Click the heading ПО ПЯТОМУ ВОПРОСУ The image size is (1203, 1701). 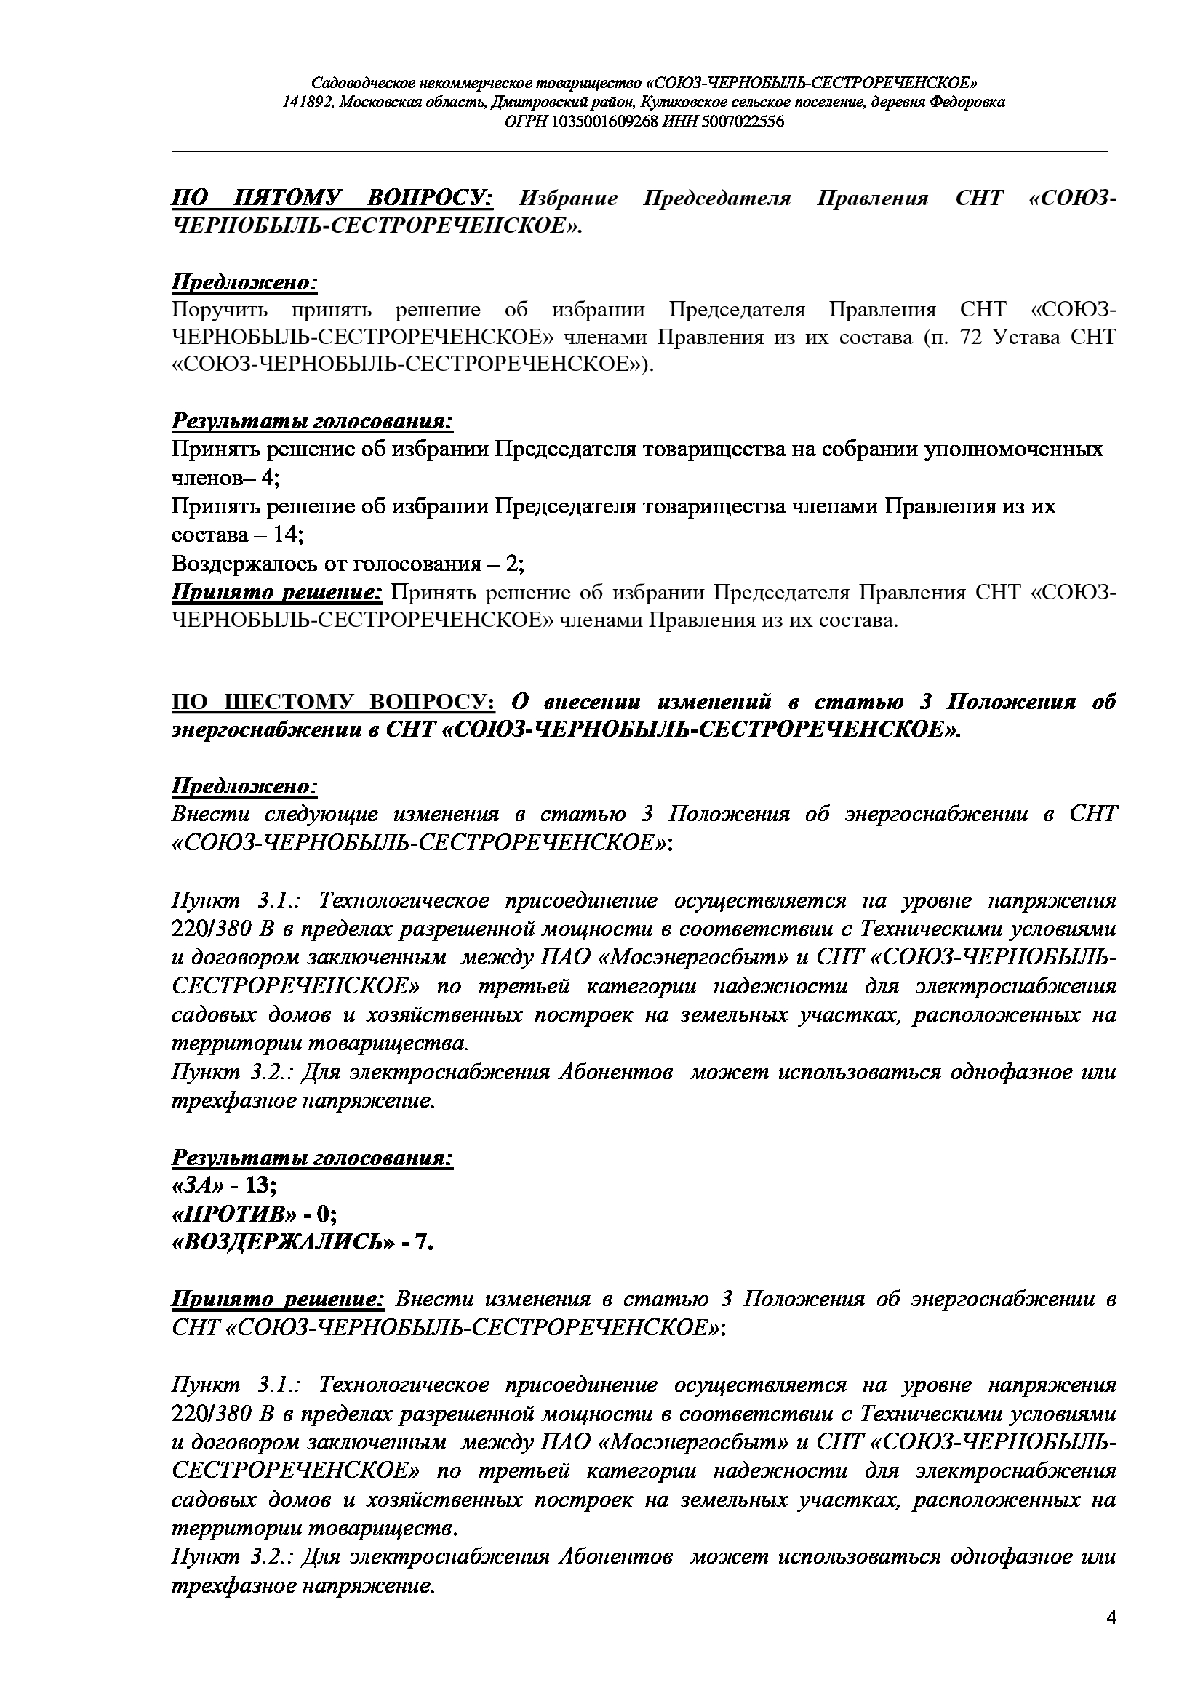[332, 199]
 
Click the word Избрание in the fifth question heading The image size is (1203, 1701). [568, 199]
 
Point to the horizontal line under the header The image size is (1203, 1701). [640, 151]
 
